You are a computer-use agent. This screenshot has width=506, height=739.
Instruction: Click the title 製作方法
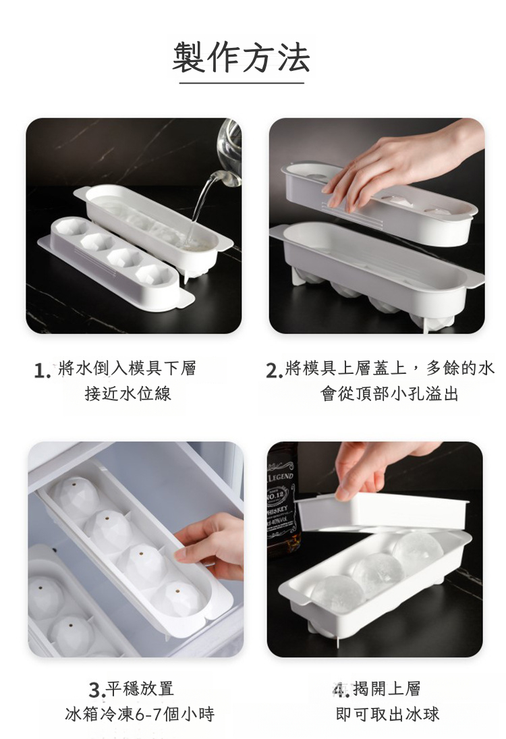242,57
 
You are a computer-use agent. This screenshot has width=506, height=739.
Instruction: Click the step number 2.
274,371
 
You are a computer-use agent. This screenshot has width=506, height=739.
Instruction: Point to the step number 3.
96,690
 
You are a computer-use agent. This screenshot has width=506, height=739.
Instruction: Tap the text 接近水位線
128,393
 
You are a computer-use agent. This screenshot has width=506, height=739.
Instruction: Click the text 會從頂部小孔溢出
389,393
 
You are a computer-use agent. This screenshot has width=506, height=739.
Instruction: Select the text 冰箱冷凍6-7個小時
140,714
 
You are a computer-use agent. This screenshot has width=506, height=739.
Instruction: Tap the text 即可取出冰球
388,714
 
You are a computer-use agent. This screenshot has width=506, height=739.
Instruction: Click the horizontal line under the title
242,83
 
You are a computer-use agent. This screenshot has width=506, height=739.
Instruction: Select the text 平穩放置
140,688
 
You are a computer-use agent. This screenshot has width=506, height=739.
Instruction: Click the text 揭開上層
387,688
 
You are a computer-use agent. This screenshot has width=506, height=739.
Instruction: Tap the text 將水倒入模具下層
127,368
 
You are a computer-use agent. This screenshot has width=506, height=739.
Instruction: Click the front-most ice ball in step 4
337,594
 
